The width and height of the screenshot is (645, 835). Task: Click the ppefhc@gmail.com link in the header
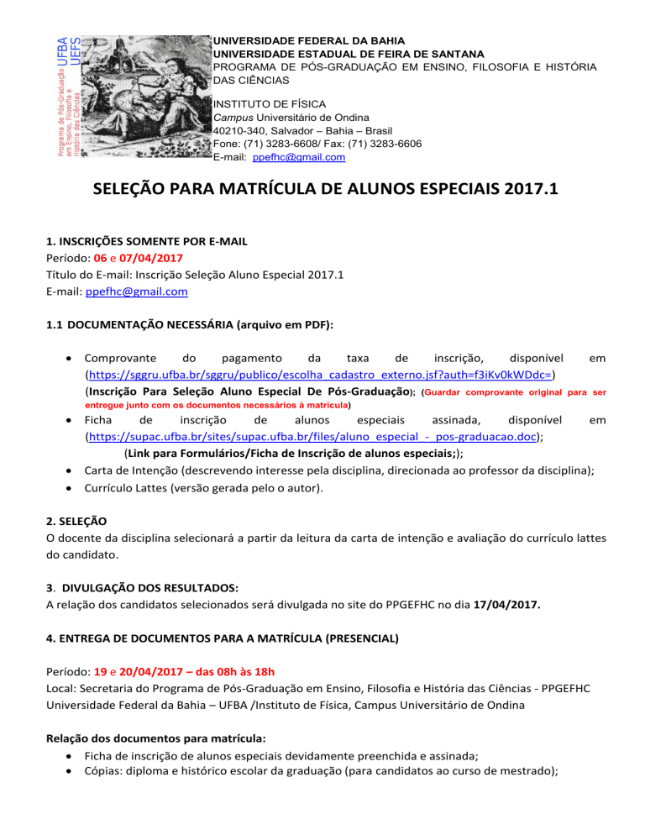coord(286,157)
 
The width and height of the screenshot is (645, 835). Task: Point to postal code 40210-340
coord(243,130)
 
